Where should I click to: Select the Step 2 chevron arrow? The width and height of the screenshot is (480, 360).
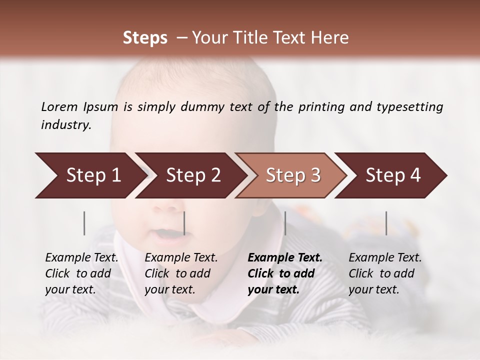pos(192,175)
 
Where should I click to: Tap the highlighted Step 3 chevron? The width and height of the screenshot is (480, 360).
pos(292,175)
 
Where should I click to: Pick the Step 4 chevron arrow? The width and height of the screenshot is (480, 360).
pos(392,175)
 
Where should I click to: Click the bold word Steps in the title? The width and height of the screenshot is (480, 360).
pos(145,38)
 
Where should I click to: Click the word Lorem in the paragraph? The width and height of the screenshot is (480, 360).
pos(59,106)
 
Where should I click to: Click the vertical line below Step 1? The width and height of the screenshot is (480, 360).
pos(84,223)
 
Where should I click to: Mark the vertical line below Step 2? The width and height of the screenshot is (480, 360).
pos(184,223)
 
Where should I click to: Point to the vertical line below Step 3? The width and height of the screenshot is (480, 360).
pos(285,223)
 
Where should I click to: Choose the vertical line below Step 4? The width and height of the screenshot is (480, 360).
pos(386,223)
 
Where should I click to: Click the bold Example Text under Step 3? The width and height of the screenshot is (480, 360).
pos(285,258)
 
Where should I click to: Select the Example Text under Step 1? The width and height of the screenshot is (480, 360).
pos(81,258)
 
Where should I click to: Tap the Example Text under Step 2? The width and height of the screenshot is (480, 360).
pos(181,258)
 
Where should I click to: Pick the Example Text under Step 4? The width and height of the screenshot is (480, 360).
pos(385,258)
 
